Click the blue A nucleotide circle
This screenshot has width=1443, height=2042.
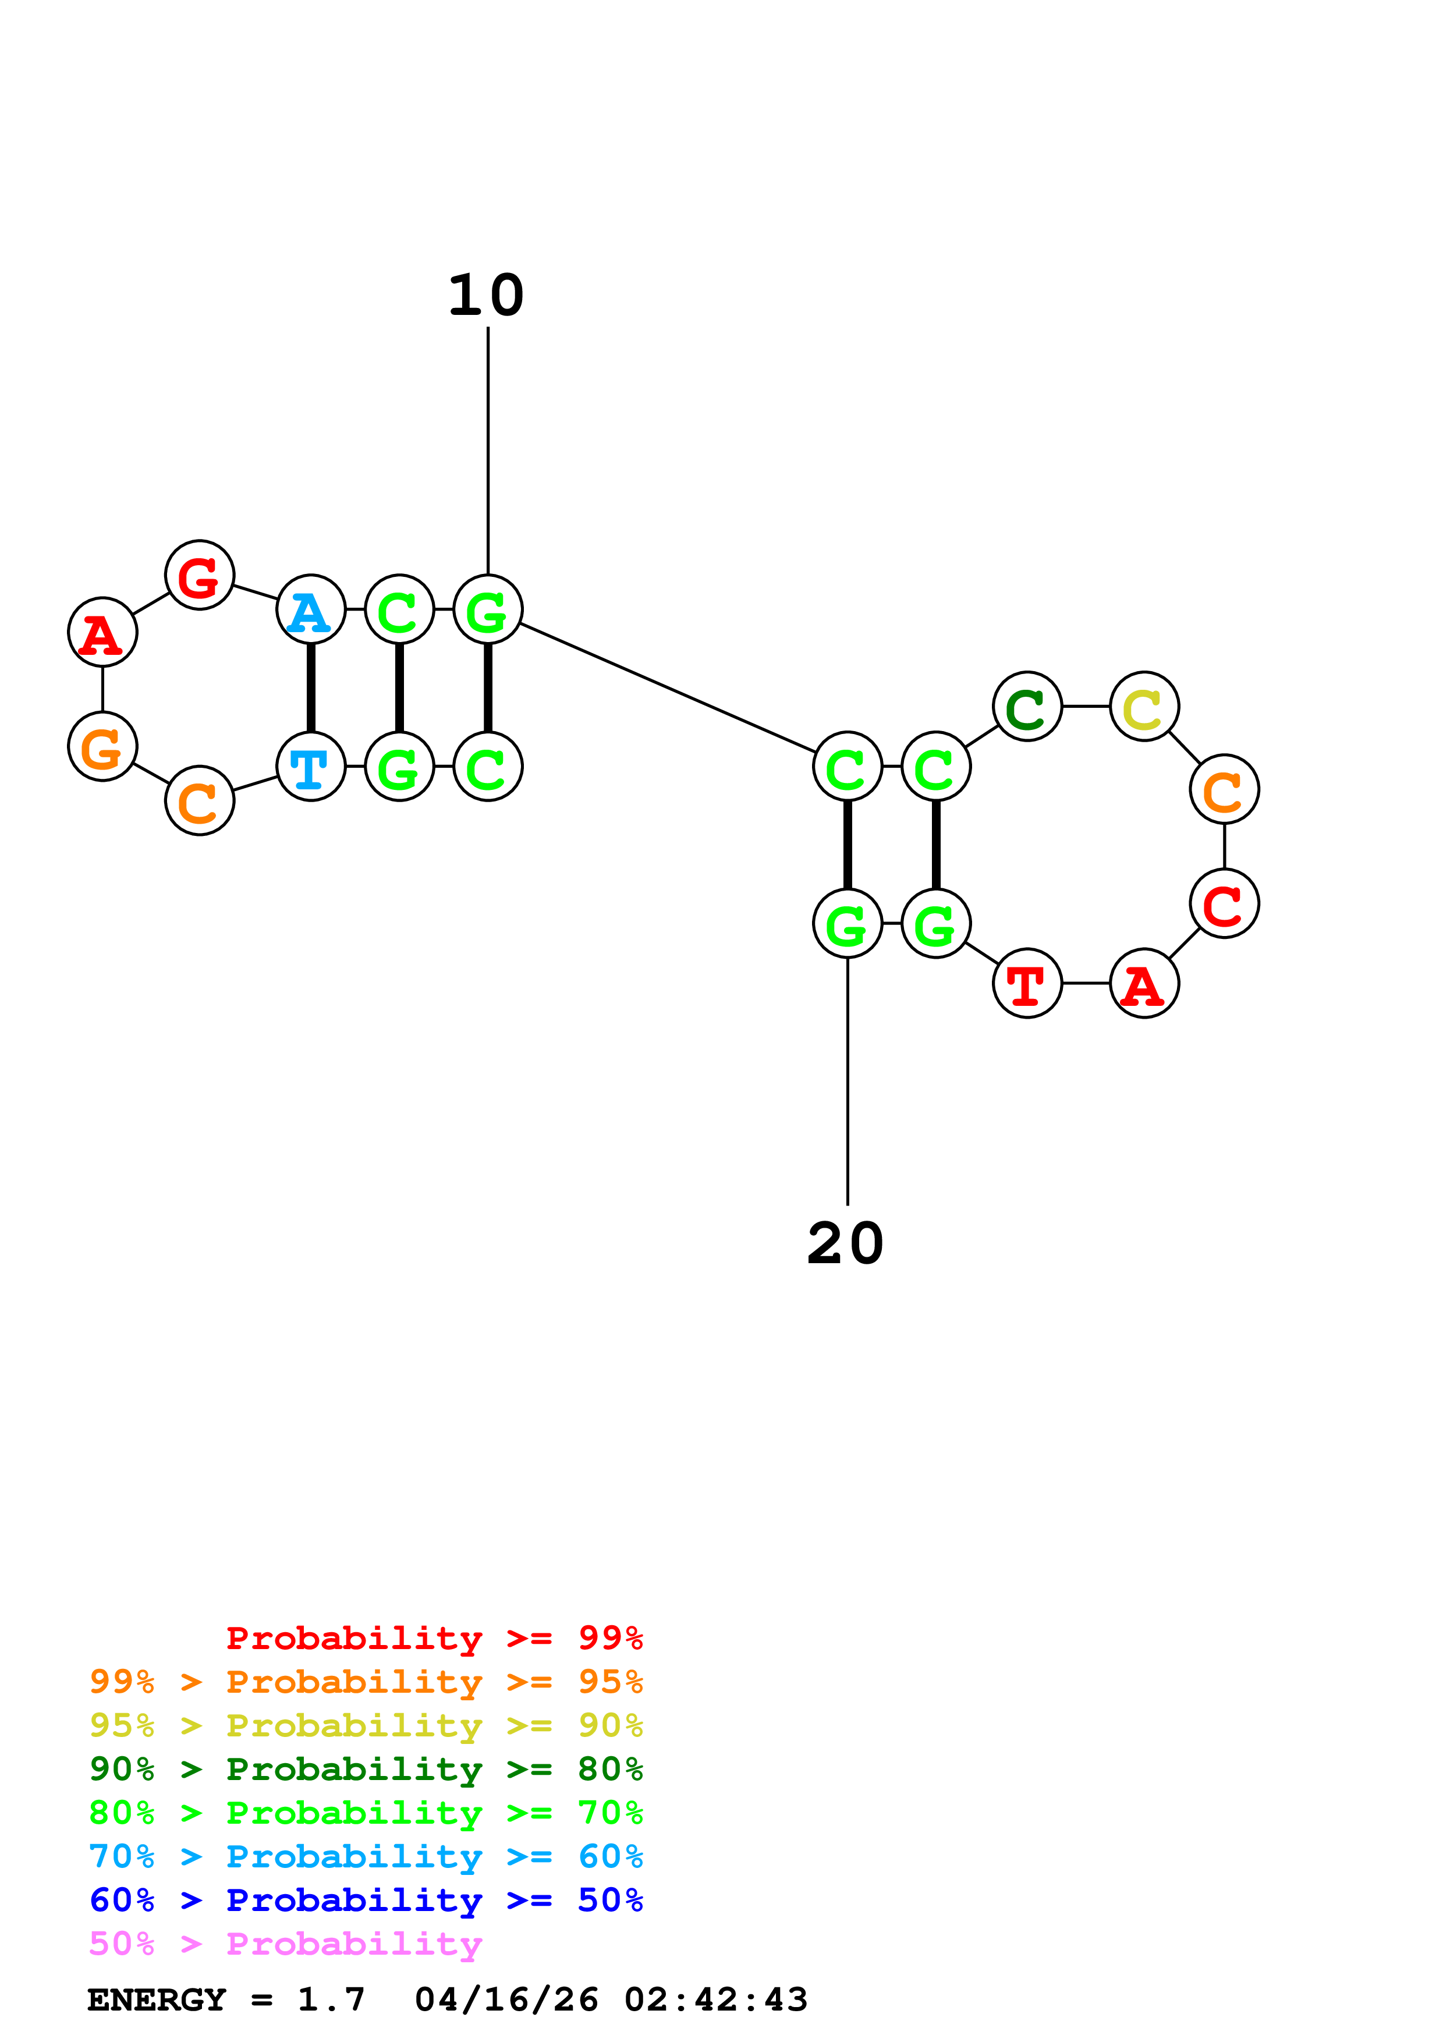(x=310, y=610)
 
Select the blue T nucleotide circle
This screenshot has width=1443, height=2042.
(x=310, y=767)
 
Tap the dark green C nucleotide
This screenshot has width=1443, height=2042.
(x=1027, y=707)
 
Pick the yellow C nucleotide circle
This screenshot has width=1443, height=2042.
(x=1144, y=707)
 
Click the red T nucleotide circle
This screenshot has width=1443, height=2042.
(x=1027, y=984)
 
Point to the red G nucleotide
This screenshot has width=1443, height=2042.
(x=199, y=576)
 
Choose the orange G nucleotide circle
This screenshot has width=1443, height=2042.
(x=102, y=747)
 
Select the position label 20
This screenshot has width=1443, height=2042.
(x=846, y=1244)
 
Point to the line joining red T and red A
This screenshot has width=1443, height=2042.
(x=1086, y=984)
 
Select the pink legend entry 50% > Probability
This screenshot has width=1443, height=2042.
(x=285, y=1944)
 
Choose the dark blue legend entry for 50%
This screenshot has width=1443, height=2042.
(x=366, y=1901)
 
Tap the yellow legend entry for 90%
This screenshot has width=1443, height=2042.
(x=366, y=1725)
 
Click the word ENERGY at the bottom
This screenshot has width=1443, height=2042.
(x=157, y=2000)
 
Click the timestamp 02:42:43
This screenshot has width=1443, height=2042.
(x=716, y=2000)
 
